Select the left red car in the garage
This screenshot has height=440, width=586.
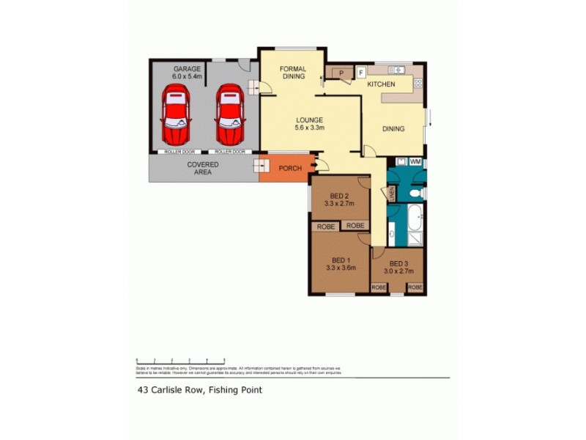(x=177, y=115)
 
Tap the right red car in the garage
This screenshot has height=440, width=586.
(x=229, y=115)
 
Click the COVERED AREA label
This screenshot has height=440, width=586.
(x=203, y=169)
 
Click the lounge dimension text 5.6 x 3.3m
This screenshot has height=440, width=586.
(x=310, y=128)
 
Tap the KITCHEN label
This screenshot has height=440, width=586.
(x=381, y=84)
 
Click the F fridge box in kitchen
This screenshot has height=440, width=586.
(x=360, y=72)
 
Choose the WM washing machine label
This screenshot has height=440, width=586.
(x=415, y=161)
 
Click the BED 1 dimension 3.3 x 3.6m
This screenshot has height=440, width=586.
(x=341, y=268)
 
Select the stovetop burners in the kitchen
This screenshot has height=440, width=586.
(x=397, y=70)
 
